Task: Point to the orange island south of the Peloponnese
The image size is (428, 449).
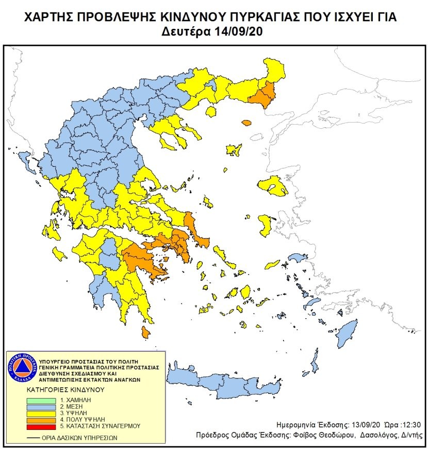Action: point(146,333)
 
